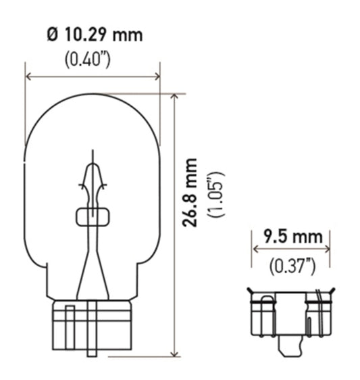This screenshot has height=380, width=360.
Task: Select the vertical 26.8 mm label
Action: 192,193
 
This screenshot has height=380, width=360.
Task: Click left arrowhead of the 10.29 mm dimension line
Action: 29,78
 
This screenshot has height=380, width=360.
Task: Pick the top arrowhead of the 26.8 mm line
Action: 176,97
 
